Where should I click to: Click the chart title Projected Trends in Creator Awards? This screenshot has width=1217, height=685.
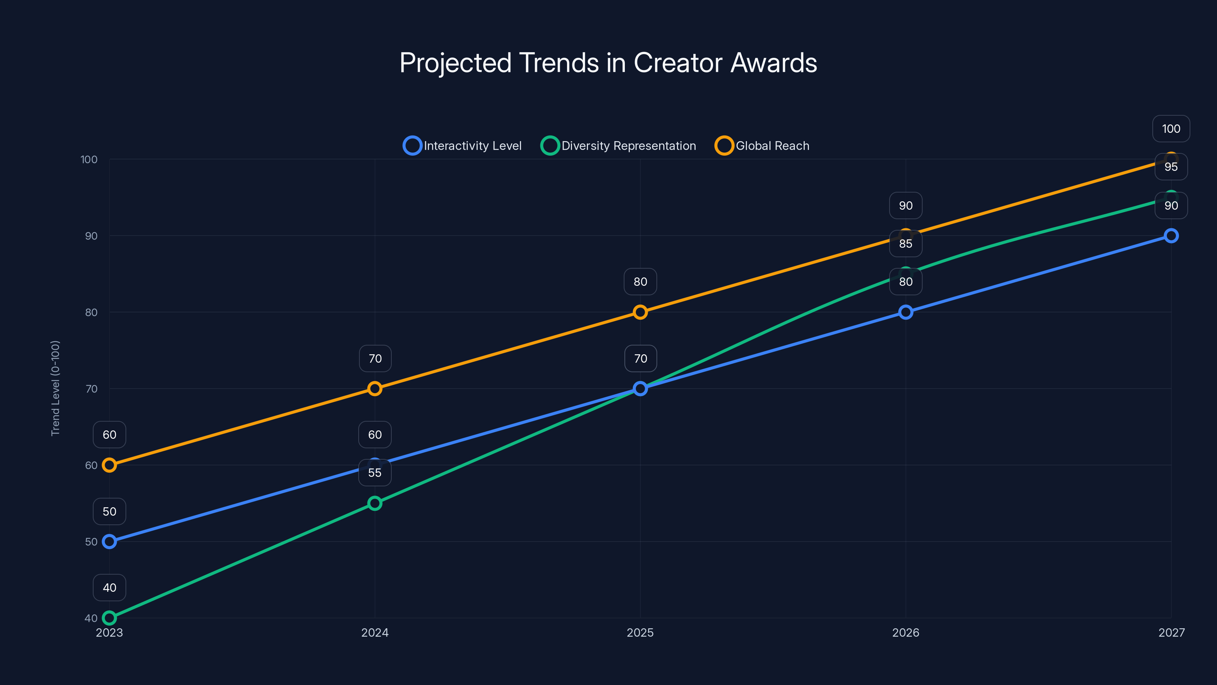coord(608,62)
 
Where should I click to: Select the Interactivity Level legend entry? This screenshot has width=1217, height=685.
coord(462,146)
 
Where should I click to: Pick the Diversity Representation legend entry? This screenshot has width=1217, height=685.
coord(618,146)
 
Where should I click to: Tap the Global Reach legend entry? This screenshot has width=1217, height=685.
coord(762,146)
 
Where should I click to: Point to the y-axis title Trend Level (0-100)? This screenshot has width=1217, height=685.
coord(55,388)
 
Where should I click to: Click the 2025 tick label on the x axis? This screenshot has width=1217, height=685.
coord(640,632)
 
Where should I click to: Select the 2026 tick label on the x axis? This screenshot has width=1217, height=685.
coord(905,632)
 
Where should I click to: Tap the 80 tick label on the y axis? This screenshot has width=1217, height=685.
coord(91,312)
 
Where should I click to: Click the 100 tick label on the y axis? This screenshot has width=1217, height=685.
coord(89,159)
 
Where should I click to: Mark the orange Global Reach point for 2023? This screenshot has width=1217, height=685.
coord(110,465)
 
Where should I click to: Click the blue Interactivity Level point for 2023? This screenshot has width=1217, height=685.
coord(110,541)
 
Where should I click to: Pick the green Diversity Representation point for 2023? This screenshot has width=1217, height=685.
coord(110,618)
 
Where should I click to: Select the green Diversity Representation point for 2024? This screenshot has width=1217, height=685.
coord(375,503)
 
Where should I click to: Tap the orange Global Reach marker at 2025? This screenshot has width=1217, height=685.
coord(640,312)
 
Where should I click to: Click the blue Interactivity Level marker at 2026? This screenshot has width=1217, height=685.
coord(906,312)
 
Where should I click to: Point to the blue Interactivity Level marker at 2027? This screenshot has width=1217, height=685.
coord(1171,236)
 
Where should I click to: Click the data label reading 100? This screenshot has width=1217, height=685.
coord(1171,129)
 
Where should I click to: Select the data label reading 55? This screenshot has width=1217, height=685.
coord(375,473)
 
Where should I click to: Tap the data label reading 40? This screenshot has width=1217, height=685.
coord(110,588)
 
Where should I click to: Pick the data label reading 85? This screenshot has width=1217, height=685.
coord(906,244)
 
